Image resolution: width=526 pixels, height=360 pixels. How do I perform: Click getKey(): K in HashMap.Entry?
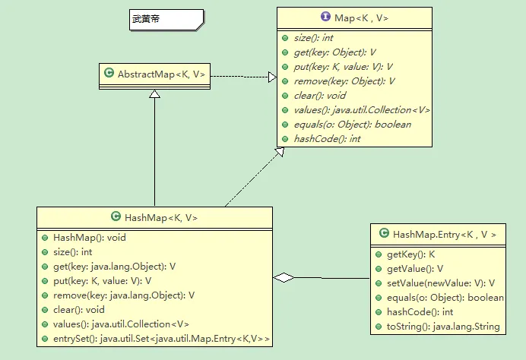click(x=411, y=254)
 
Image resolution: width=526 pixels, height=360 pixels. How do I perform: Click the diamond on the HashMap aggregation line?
click(x=284, y=278)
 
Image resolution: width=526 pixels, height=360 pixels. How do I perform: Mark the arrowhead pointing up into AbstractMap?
click(x=154, y=94)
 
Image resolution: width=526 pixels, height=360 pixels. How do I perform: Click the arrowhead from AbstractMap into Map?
click(x=271, y=76)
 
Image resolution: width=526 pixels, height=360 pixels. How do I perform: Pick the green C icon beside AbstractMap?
click(x=109, y=74)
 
